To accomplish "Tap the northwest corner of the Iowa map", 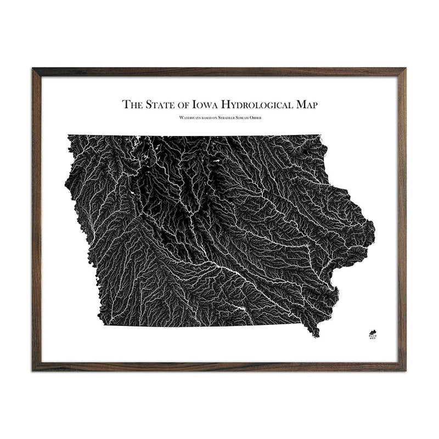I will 69,135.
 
